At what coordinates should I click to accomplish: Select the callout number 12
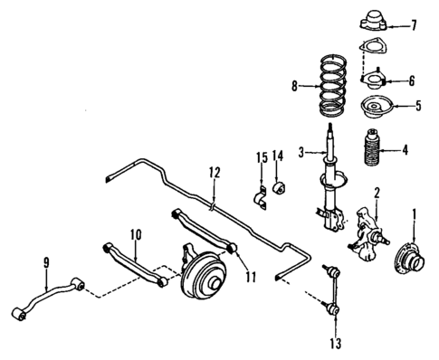tap(214, 171)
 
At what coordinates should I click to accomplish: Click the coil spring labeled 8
tap(336, 88)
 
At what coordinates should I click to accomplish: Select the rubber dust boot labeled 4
tap(372, 151)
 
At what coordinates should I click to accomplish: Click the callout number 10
tap(136, 235)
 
